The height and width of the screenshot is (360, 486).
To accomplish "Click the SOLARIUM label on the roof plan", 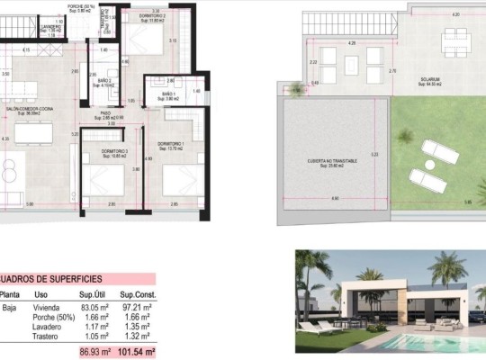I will click(x=430, y=80).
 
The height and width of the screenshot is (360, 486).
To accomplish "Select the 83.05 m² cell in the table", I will click(x=94, y=307).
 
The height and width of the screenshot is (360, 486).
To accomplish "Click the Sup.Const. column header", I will click(x=139, y=294).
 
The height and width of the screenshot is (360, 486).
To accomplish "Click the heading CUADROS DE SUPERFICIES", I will click(x=50, y=280).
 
